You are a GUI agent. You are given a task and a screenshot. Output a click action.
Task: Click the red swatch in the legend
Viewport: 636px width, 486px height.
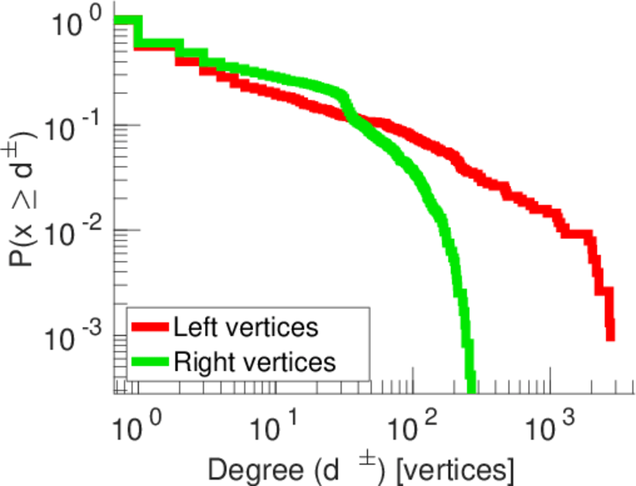149,327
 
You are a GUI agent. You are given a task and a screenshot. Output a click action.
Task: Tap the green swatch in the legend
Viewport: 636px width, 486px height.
149,361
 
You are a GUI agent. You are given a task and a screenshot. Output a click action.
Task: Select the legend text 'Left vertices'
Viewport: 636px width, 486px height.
245,327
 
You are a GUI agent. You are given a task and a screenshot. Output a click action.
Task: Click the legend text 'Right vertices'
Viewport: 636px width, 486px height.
253,362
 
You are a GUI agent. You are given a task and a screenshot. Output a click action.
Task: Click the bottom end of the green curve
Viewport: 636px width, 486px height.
470,382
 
